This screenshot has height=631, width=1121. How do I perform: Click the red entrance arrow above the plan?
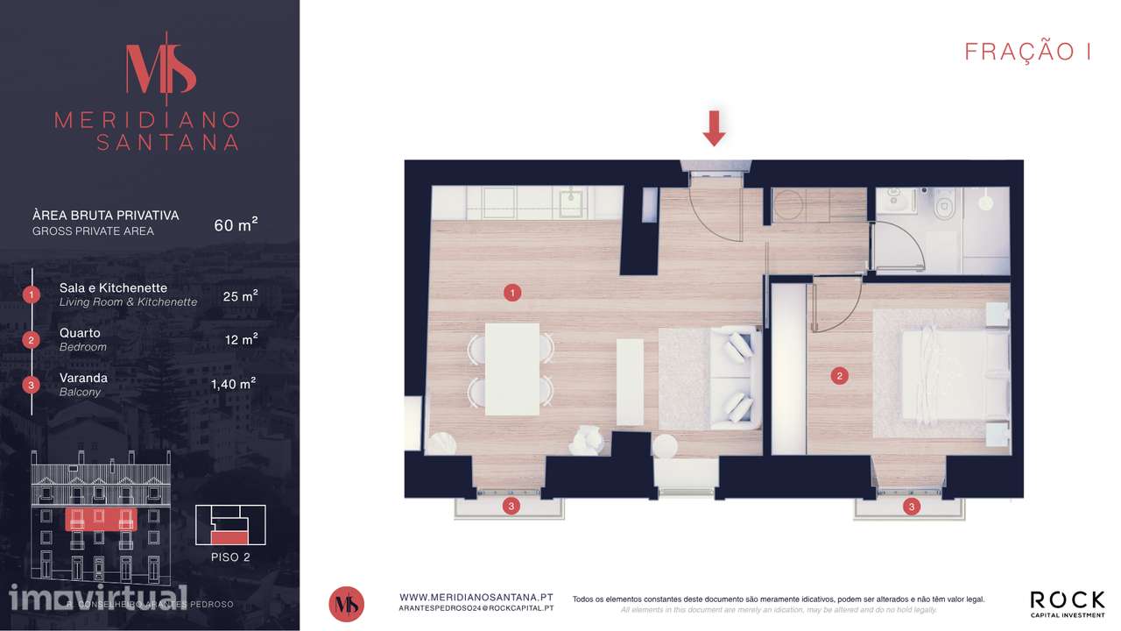click(x=714, y=128)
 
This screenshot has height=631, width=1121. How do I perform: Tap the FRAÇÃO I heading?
click(x=1028, y=51)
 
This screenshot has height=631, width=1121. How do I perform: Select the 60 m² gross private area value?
click(x=236, y=224)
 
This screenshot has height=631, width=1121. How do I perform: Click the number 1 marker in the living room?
click(x=512, y=293)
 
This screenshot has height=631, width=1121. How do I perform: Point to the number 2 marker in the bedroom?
click(x=839, y=376)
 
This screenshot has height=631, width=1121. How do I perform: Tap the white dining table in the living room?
click(x=512, y=369)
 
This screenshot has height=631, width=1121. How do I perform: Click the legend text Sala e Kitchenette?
click(x=113, y=288)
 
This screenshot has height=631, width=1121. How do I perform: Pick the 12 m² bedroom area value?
click(x=241, y=339)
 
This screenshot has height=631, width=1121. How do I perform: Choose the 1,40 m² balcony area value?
click(x=233, y=384)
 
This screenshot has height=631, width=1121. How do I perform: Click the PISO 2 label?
click(x=230, y=557)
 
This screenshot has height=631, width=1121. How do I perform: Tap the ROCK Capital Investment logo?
click(x=1068, y=604)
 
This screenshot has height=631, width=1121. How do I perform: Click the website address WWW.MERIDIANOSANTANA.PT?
click(x=476, y=598)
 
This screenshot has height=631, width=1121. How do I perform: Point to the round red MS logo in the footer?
click(x=346, y=604)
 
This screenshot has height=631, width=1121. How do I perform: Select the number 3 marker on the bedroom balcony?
click(x=912, y=507)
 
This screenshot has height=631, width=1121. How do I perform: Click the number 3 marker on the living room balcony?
click(x=511, y=507)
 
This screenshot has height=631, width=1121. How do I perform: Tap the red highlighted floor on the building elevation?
click(x=101, y=520)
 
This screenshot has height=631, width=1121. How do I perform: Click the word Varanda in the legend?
click(x=83, y=378)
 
